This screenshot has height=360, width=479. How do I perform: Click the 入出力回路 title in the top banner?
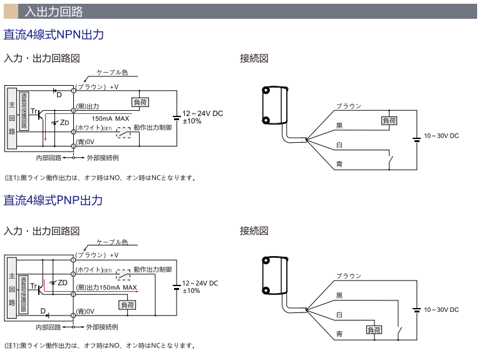(54, 11)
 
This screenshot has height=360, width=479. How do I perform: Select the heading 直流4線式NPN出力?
(53, 34)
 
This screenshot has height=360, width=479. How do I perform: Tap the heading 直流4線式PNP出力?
(53, 200)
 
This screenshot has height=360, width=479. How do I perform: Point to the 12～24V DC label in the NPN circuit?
(202, 113)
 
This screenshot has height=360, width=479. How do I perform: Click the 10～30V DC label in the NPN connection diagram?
(441, 136)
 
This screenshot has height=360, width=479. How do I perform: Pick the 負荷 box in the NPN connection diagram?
(389, 120)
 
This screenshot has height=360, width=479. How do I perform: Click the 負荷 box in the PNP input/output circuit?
(127, 305)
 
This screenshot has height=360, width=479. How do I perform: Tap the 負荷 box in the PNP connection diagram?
(374, 329)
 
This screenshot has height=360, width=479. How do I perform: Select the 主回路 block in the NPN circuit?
(12, 117)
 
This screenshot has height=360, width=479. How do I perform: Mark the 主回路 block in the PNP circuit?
(12, 288)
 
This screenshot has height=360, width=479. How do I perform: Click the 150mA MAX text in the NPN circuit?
(111, 118)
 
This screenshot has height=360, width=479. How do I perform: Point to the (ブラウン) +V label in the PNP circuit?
(97, 255)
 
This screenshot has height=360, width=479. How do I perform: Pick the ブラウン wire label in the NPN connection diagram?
(348, 106)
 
